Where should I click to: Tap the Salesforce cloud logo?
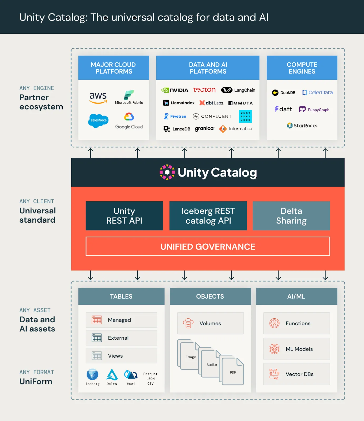coord(98,121)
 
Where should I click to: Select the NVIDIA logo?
coord(175,90)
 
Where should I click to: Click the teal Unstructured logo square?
coord(245,117)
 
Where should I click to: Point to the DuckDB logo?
coord(283,93)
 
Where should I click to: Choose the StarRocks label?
coord(302,126)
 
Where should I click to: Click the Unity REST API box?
coord(124,216)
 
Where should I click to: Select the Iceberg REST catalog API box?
coord(208,216)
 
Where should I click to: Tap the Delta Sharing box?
coord(291,216)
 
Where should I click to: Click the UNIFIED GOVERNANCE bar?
coord(208,247)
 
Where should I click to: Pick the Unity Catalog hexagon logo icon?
coord(167,172)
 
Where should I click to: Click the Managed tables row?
coord(121,320)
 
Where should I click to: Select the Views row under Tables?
coord(121,356)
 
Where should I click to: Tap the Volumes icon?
coord(188,323)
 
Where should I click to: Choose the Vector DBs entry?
coord(296,374)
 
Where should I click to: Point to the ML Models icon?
coord(274,349)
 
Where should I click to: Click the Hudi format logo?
coord(131,375)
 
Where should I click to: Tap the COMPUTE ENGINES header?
coord(302,68)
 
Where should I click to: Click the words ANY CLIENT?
coord(37,201)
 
